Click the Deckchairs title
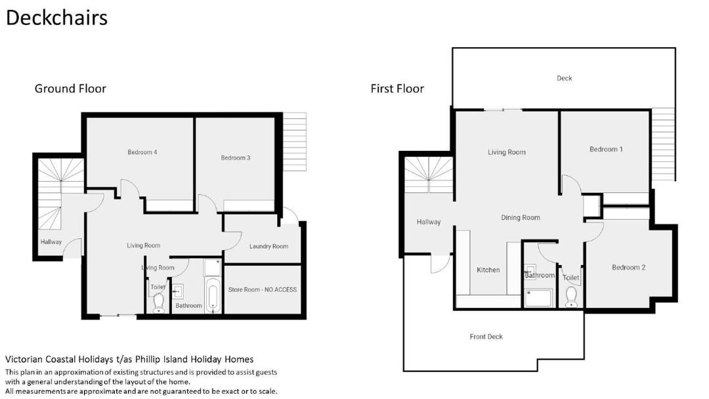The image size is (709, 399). [56, 18]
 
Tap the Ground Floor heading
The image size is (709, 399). [70, 89]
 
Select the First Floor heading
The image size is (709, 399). [397, 89]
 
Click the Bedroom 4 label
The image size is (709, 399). [142, 152]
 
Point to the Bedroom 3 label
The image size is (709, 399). [236, 157]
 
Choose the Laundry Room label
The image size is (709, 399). [269, 246]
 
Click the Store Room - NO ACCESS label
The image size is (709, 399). [262, 289]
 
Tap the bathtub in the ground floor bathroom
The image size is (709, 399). [213, 295]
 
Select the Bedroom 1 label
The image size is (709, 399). [606, 149]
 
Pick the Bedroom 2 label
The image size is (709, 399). [628, 268]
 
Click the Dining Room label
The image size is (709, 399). [521, 218]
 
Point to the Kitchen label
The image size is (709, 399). [488, 270]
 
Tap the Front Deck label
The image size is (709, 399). [486, 337]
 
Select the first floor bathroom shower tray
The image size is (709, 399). [538, 298]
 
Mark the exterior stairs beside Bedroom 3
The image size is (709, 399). [294, 142]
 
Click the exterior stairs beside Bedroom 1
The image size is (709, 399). [663, 144]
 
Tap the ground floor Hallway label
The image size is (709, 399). [51, 241]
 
